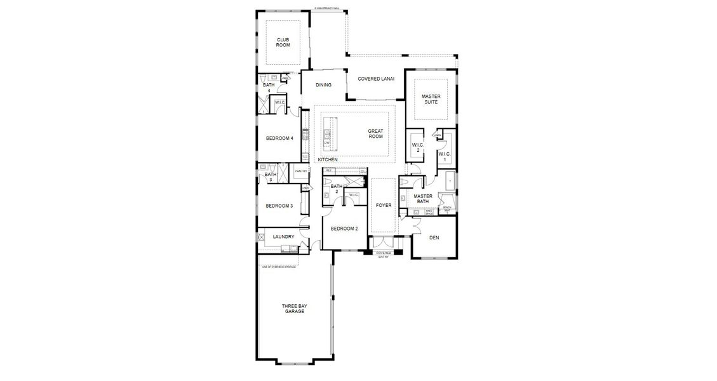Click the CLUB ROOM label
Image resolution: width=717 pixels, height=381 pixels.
(x=283, y=43)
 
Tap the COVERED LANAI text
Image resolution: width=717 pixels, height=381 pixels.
(x=376, y=79)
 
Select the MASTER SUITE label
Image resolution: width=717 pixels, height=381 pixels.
(x=431, y=99)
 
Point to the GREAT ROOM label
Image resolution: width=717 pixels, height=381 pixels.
(x=375, y=134)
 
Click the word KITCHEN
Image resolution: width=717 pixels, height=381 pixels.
(x=328, y=159)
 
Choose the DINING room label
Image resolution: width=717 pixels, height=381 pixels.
(x=324, y=85)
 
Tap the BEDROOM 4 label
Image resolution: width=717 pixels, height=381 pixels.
(x=279, y=138)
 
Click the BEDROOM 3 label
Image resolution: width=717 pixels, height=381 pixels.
(x=279, y=206)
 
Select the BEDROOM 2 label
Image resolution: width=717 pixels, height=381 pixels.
(x=344, y=229)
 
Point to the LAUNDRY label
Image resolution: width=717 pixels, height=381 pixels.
(x=283, y=237)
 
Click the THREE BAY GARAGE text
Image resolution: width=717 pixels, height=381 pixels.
(x=294, y=309)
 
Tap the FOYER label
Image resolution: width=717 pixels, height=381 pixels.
(x=384, y=206)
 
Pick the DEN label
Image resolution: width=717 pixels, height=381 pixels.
(x=434, y=238)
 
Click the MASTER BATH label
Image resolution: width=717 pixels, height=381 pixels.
(x=423, y=199)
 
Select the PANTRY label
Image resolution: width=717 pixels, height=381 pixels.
(x=301, y=171)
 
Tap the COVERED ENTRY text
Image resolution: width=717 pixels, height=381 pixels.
(x=383, y=255)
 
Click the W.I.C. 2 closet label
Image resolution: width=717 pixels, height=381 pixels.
(x=417, y=147)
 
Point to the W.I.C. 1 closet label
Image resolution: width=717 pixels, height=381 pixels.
(x=444, y=156)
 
